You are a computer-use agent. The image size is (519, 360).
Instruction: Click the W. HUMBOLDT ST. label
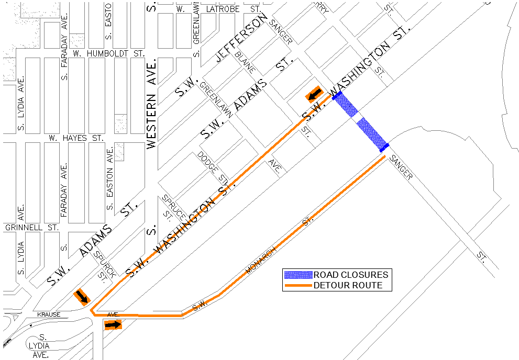[108, 53]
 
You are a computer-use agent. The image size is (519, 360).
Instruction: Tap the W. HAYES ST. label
[76, 138]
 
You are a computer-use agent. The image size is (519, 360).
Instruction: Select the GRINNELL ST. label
[31, 228]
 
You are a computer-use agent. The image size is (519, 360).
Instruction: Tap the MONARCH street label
[261, 260]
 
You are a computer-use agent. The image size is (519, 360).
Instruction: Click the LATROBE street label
[223, 9]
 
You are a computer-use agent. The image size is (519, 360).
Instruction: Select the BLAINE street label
[245, 61]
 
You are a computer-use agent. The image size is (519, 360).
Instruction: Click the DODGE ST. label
[212, 166]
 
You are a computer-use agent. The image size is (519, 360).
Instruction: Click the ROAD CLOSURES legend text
[351, 275]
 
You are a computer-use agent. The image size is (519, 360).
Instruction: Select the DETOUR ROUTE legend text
[348, 285]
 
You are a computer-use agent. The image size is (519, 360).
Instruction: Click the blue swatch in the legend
[298, 275]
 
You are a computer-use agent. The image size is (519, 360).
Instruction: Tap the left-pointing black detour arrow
[314, 94]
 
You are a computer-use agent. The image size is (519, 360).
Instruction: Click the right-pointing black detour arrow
[113, 325]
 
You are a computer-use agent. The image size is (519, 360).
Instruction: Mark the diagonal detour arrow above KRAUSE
[82, 297]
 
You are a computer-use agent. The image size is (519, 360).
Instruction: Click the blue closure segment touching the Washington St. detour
[345, 104]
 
